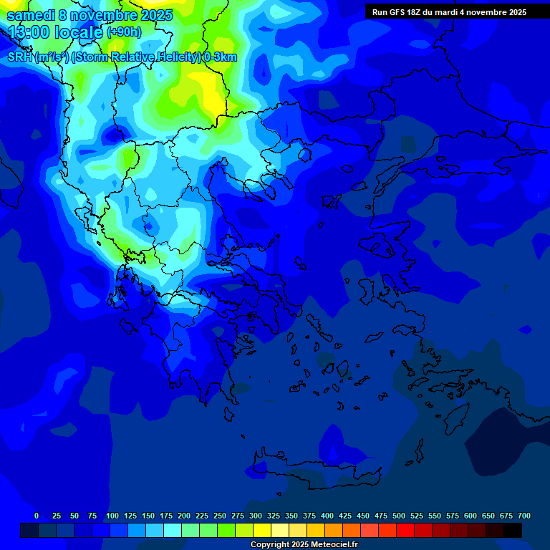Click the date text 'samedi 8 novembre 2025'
[x=90, y=15]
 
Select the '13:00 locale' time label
[x=55, y=32]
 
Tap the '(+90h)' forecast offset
[x=124, y=32]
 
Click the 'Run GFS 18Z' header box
[x=449, y=12]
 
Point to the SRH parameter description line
[x=122, y=57]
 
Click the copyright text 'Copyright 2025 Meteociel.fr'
[x=304, y=545]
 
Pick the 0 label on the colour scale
[x=37, y=516]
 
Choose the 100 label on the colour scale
[x=112, y=516]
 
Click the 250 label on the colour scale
[x=220, y=516]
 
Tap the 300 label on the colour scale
[x=256, y=516]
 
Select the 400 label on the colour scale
[x=327, y=516]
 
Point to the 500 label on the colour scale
[x=399, y=516]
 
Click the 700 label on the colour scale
[x=524, y=516]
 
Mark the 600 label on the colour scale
[x=471, y=516]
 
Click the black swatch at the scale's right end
[x=513, y=530]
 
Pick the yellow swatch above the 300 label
[x=262, y=530]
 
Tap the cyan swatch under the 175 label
[x=173, y=530]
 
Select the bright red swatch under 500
[x=405, y=530]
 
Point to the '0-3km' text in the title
[x=220, y=57]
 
